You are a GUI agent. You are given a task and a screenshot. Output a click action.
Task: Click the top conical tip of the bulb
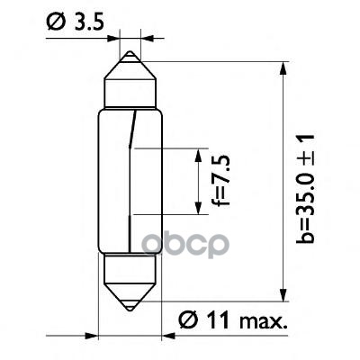[x=131, y=58]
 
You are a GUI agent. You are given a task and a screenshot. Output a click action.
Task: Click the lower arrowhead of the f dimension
[x=197, y=209]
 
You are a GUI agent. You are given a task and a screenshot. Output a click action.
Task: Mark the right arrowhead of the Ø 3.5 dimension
[x=147, y=40]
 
